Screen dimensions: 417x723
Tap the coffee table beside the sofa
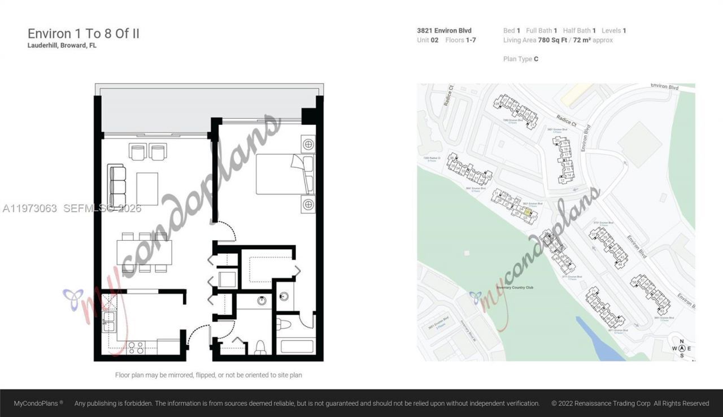[147, 189]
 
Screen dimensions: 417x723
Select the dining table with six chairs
[145, 253]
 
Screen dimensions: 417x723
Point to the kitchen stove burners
[136, 348]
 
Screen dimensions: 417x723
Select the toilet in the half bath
[260, 346]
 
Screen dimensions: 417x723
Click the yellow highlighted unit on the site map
[528, 212]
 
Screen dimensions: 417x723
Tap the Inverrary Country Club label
[515, 288]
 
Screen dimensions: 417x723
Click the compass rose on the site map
[682, 348]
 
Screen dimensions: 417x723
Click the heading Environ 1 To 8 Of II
[84, 33]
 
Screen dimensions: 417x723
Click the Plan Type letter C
[535, 59]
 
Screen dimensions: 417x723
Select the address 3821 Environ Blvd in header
[444, 31]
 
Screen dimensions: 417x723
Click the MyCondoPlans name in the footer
[38, 403]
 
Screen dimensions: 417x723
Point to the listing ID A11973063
[30, 208]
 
